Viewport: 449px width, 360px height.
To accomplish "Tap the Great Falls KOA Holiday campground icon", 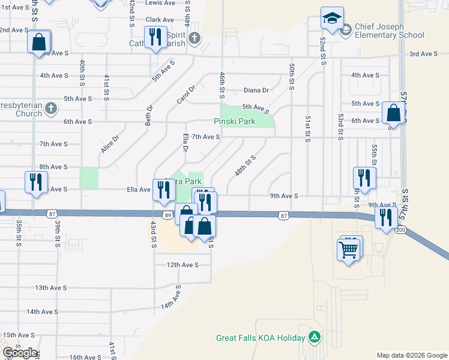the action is (x=313, y=337).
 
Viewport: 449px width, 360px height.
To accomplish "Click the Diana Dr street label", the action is (x=256, y=91).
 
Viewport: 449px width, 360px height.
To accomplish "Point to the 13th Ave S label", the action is (x=50, y=287).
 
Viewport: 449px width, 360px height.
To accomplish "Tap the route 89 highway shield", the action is (x=167, y=215).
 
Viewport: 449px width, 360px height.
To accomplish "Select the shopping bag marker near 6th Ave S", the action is (x=393, y=113).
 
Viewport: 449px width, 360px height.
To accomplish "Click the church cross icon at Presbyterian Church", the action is (x=51, y=109).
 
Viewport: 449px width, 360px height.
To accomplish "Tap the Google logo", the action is (x=20, y=353).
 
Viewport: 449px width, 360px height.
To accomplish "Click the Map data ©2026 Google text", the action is (x=411, y=355).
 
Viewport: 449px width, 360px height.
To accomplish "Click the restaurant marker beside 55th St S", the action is (x=364, y=177).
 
